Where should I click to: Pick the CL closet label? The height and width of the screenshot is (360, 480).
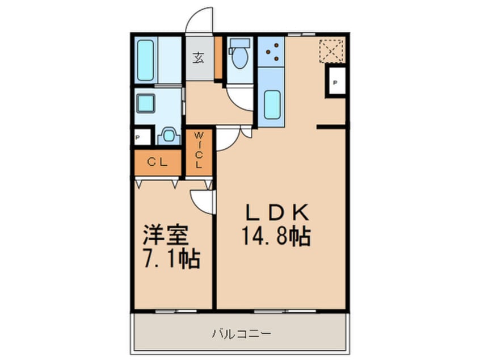point(157,162)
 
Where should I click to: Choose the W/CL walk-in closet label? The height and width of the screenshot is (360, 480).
point(199,150)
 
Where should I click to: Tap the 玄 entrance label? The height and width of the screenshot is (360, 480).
point(199,57)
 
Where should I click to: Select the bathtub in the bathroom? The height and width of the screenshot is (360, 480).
point(146,60)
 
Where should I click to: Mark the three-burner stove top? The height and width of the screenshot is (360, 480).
point(271,51)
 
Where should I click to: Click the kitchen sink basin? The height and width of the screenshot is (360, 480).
point(272,104)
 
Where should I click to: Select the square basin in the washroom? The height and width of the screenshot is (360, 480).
point(146,103)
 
